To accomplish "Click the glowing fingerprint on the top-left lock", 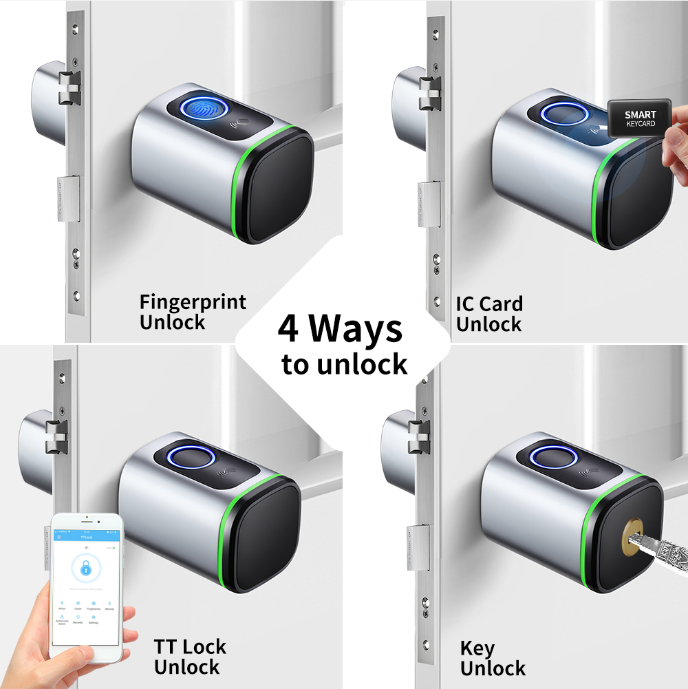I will click(202, 109).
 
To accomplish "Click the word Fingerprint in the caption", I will click(192, 302).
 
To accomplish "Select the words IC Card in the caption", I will click(489, 304).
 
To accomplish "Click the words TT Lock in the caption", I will click(190, 646).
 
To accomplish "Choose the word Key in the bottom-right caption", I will click(477, 648).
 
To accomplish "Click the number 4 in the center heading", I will click(288, 329).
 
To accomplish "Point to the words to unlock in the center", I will click(344, 365).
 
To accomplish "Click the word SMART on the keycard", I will click(640, 115).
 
